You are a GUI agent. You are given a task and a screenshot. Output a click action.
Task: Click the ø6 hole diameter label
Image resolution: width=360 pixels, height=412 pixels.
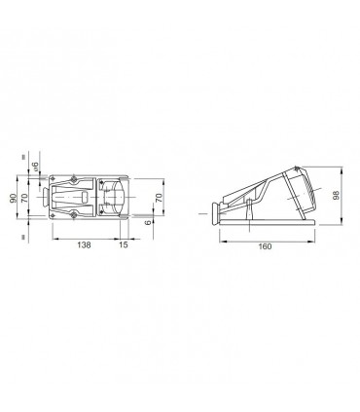[x=35, y=168]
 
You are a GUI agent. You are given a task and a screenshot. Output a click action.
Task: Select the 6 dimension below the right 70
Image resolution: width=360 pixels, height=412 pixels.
[x=147, y=224]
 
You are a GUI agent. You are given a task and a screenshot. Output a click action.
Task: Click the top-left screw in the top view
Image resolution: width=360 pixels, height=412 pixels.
[x=72, y=178]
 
